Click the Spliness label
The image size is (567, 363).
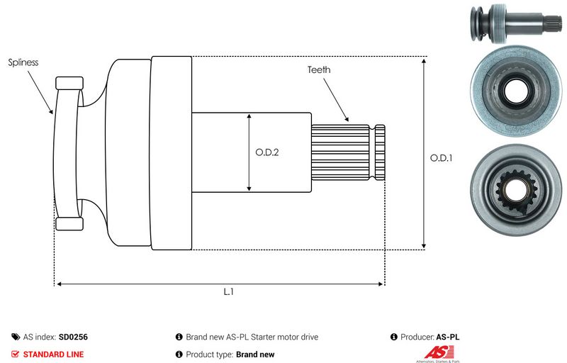(23, 62)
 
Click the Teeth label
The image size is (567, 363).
(319, 69)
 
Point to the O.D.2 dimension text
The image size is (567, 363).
(267, 152)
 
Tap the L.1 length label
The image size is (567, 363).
(229, 292)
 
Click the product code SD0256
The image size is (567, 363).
(73, 337)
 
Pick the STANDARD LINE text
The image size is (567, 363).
(53, 354)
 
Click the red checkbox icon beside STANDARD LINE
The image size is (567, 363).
(16, 354)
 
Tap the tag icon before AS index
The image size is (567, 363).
(16, 337)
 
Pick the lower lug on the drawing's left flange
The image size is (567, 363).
(69, 225)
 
